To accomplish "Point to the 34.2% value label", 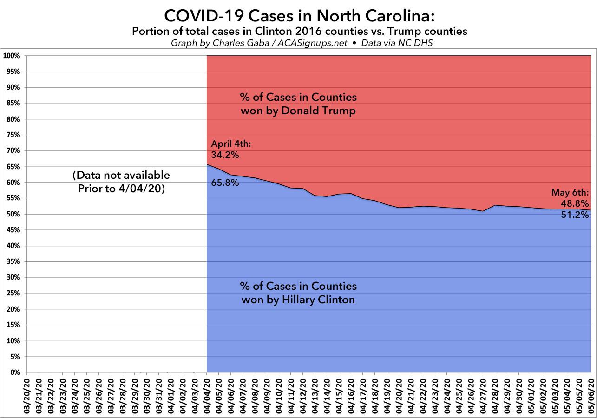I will coord(225,155).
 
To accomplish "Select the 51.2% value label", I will coord(576,215).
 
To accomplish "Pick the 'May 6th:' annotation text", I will coord(570,192).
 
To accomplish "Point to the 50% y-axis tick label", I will coord(13,214).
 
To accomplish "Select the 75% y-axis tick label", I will coord(13,135).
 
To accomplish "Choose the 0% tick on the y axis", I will coord(14,372).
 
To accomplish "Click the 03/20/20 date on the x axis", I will coord(27,395).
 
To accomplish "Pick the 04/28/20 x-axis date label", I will coord(495,395).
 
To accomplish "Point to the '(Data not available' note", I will coord(121,176).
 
